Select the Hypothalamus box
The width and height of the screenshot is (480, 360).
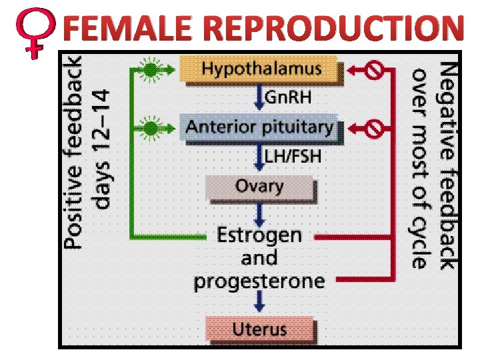(x=261, y=69)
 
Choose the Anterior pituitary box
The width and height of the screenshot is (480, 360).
(x=259, y=127)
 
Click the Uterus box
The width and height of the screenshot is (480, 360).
(x=259, y=329)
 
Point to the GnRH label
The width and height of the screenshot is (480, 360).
(x=288, y=97)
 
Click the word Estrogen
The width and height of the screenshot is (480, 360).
(x=259, y=235)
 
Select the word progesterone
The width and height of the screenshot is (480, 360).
(x=259, y=281)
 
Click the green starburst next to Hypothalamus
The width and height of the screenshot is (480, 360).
(x=153, y=69)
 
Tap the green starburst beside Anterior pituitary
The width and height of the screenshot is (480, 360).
(x=153, y=127)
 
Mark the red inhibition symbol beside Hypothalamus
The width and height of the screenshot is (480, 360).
(x=375, y=69)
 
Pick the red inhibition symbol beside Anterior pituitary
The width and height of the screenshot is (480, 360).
(x=375, y=127)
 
